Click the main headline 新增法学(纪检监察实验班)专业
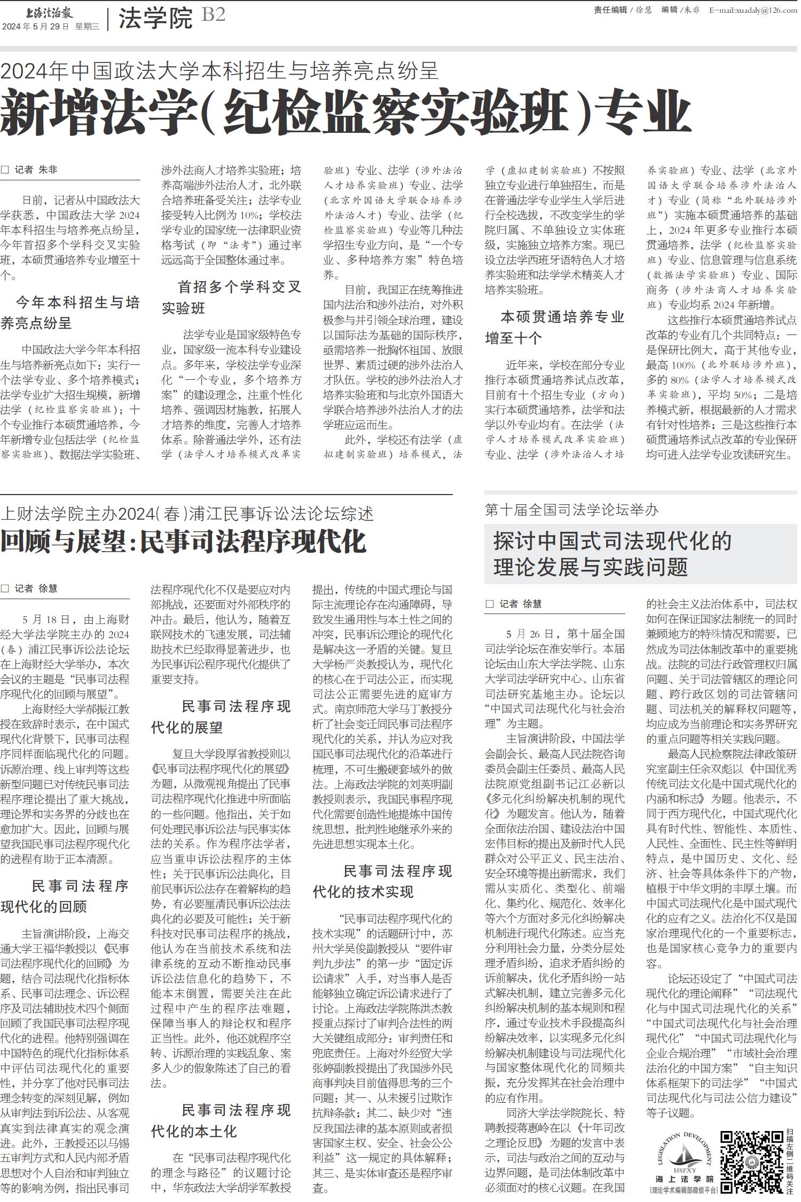coord(345,113)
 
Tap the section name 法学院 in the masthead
coord(155,19)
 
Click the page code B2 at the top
coord(214,15)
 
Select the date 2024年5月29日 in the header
coord(36,26)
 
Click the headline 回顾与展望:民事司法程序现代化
coord(183,542)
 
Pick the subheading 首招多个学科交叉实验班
coord(232,297)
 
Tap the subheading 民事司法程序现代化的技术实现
coord(382,881)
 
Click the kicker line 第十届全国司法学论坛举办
coord(571,510)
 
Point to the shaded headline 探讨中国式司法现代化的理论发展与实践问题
coord(612,554)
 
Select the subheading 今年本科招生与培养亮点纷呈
coord(70,313)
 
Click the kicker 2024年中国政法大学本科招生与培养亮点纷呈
coord(219,70)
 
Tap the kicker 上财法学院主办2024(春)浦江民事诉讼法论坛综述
coord(187,514)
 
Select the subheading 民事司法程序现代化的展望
coord(221,717)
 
